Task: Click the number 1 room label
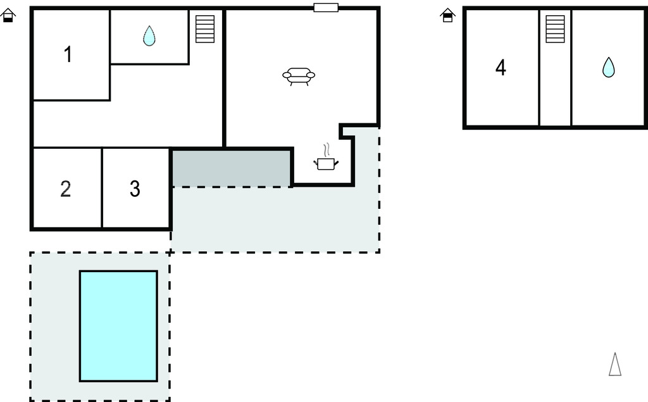[68, 54]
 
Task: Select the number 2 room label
[66, 189]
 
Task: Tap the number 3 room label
[135, 189]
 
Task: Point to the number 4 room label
[501, 68]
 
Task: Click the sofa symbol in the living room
[299, 77]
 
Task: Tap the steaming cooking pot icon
[326, 157]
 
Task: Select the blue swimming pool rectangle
[118, 326]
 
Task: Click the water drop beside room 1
[149, 35]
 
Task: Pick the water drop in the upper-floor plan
[608, 67]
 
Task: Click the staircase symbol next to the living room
[205, 29]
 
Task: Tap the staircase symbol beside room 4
[555, 29]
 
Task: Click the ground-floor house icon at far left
[8, 16]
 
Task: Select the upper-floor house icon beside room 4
[447, 16]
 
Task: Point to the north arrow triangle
[615, 365]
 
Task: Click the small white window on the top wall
[326, 8]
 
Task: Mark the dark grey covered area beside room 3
[232, 168]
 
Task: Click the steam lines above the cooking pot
[327, 150]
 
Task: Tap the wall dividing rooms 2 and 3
[102, 187]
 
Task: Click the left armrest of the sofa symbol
[287, 75]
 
